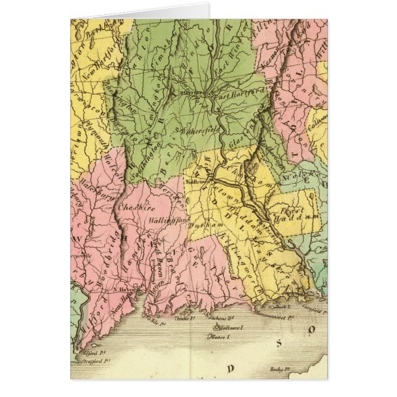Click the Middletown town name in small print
(x=197, y=181)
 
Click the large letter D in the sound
(x=233, y=368)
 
